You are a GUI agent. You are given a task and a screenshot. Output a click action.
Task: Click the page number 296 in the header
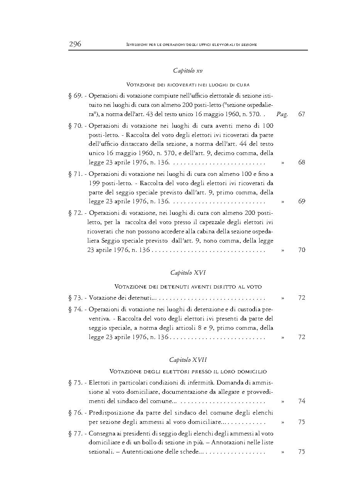(x=75, y=44)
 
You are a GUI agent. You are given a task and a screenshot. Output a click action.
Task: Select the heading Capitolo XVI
(x=188, y=273)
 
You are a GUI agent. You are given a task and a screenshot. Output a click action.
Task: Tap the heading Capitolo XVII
(x=188, y=360)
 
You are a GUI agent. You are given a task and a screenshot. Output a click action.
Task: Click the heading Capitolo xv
(x=188, y=71)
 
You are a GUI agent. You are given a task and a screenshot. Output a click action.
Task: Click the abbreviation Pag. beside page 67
(x=282, y=115)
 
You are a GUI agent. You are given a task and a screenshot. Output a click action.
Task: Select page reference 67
(x=302, y=115)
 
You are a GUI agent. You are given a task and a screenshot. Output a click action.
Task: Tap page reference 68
(x=302, y=162)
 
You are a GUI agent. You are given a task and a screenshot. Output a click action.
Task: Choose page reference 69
(x=302, y=201)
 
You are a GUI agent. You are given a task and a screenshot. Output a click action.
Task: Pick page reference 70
(x=302, y=250)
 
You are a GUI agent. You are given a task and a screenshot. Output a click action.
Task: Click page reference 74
(x=302, y=401)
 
